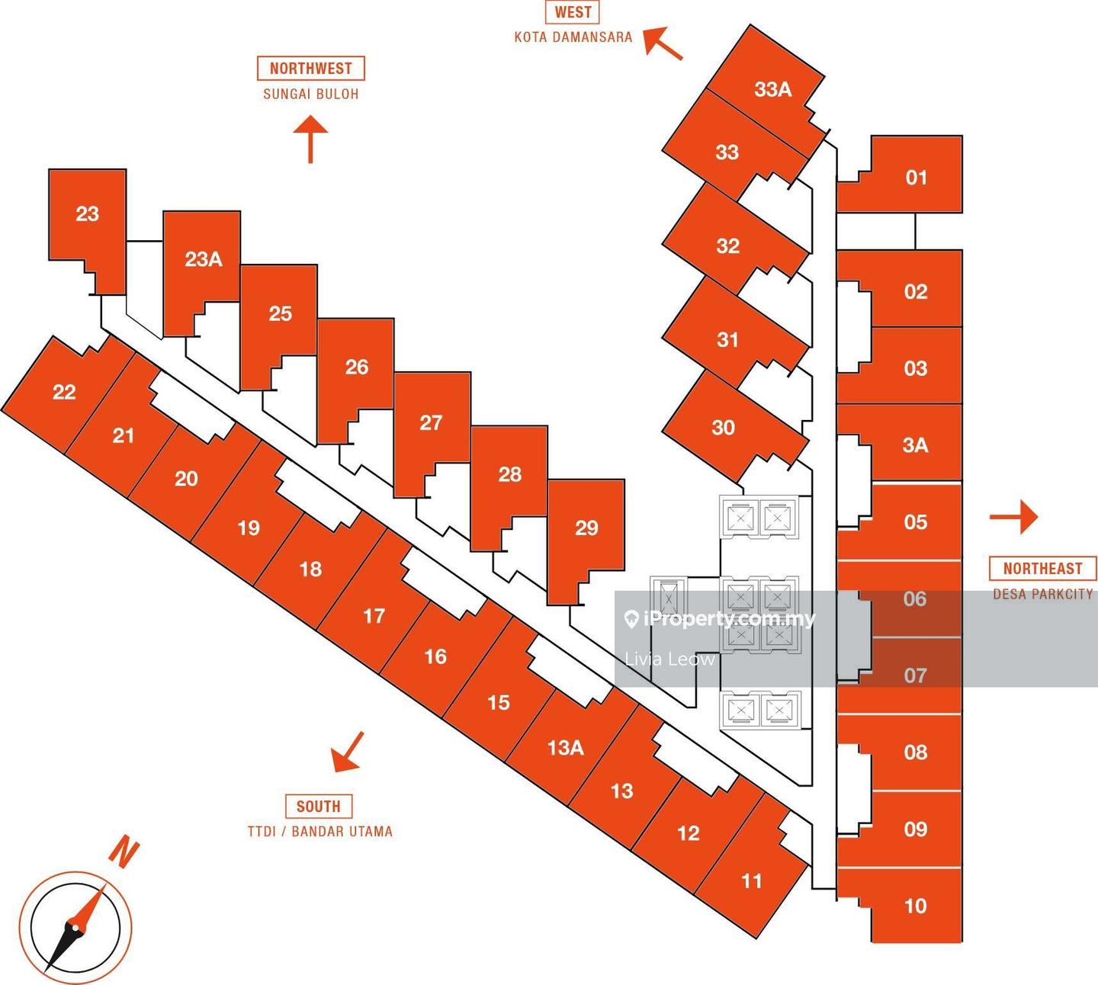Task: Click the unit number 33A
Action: coord(773,89)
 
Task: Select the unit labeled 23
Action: coord(88,213)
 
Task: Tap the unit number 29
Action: coord(586,528)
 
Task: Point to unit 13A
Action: coord(566,747)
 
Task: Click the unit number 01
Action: coord(916,178)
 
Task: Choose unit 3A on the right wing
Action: coord(915,444)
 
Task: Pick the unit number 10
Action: coord(915,906)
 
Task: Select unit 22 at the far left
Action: coord(64,392)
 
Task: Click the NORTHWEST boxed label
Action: coord(310,68)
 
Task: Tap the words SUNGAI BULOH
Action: coord(310,94)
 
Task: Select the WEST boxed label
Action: coord(573,11)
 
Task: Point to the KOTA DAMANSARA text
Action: coord(573,37)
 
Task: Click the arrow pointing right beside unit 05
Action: coord(1015,518)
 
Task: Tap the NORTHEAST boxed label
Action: coord(1042,568)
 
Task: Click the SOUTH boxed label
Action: coord(319,806)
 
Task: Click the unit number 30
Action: coord(724,427)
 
